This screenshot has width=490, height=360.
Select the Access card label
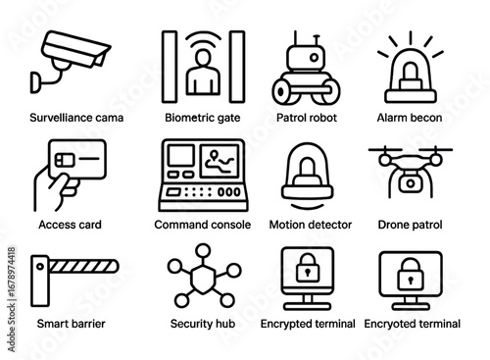(69, 225)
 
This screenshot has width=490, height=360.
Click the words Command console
(203, 225)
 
